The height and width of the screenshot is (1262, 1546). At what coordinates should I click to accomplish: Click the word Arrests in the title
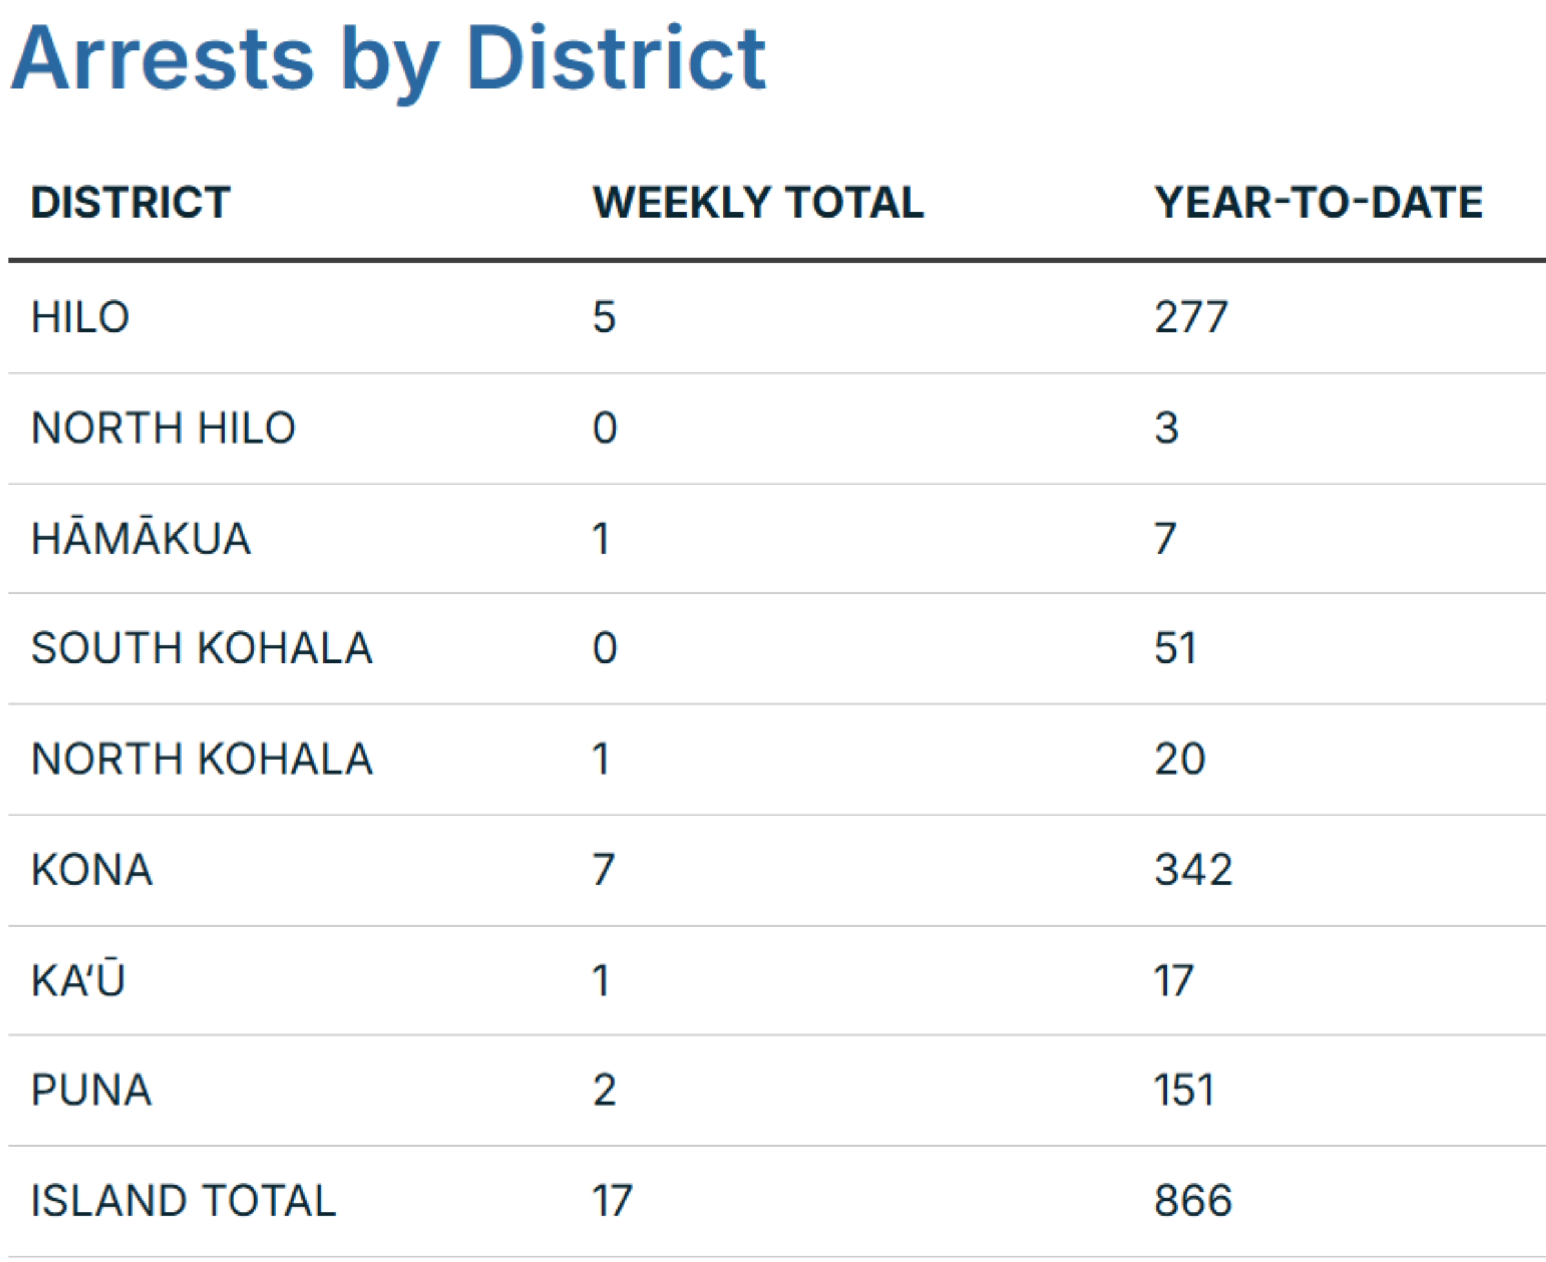(x=162, y=60)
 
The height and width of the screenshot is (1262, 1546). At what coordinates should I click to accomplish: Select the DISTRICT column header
(x=130, y=202)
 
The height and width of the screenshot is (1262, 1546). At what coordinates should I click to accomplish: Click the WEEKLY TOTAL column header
(x=758, y=202)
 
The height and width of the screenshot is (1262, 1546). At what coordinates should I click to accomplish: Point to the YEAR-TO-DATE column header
(x=1318, y=202)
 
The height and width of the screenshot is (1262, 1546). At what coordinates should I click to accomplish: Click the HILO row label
(x=80, y=317)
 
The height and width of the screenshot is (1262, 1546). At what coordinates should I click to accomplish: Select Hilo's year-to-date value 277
(x=1190, y=317)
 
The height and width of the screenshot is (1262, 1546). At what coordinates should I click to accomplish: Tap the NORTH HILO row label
(x=163, y=428)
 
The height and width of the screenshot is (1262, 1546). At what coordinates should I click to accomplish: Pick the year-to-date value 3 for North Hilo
(x=1167, y=428)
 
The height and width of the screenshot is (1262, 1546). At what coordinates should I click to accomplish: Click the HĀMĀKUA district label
(x=140, y=539)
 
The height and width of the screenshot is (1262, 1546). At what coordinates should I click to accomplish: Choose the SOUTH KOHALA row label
(x=202, y=648)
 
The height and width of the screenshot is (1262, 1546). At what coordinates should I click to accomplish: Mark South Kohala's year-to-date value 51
(x=1175, y=648)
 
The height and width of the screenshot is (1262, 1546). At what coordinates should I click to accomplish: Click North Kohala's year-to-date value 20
(x=1179, y=760)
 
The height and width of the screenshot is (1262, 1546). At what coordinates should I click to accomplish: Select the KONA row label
(x=91, y=870)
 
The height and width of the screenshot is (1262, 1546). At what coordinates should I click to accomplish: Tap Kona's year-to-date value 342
(x=1193, y=870)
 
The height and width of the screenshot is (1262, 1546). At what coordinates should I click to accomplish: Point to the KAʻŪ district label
(x=78, y=980)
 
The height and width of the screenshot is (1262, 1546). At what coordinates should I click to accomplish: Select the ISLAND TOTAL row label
(x=183, y=1201)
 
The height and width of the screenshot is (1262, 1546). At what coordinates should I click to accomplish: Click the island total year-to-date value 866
(x=1193, y=1201)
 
